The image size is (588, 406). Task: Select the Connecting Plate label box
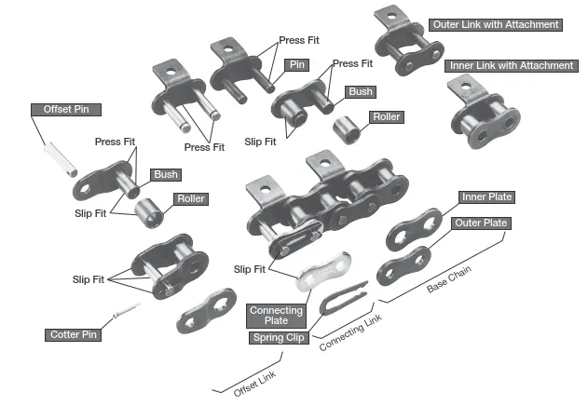click(x=275, y=316)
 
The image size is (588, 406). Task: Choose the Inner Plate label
click(x=487, y=197)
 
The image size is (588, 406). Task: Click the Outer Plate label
click(x=480, y=223)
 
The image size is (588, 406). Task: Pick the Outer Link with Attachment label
click(x=496, y=24)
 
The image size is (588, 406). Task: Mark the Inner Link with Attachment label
click(x=512, y=65)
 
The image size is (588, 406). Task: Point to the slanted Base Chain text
click(x=452, y=277)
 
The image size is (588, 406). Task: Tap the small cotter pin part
click(x=124, y=312)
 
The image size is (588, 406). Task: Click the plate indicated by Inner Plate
click(x=411, y=227)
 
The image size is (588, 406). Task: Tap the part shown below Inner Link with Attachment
click(x=482, y=114)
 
